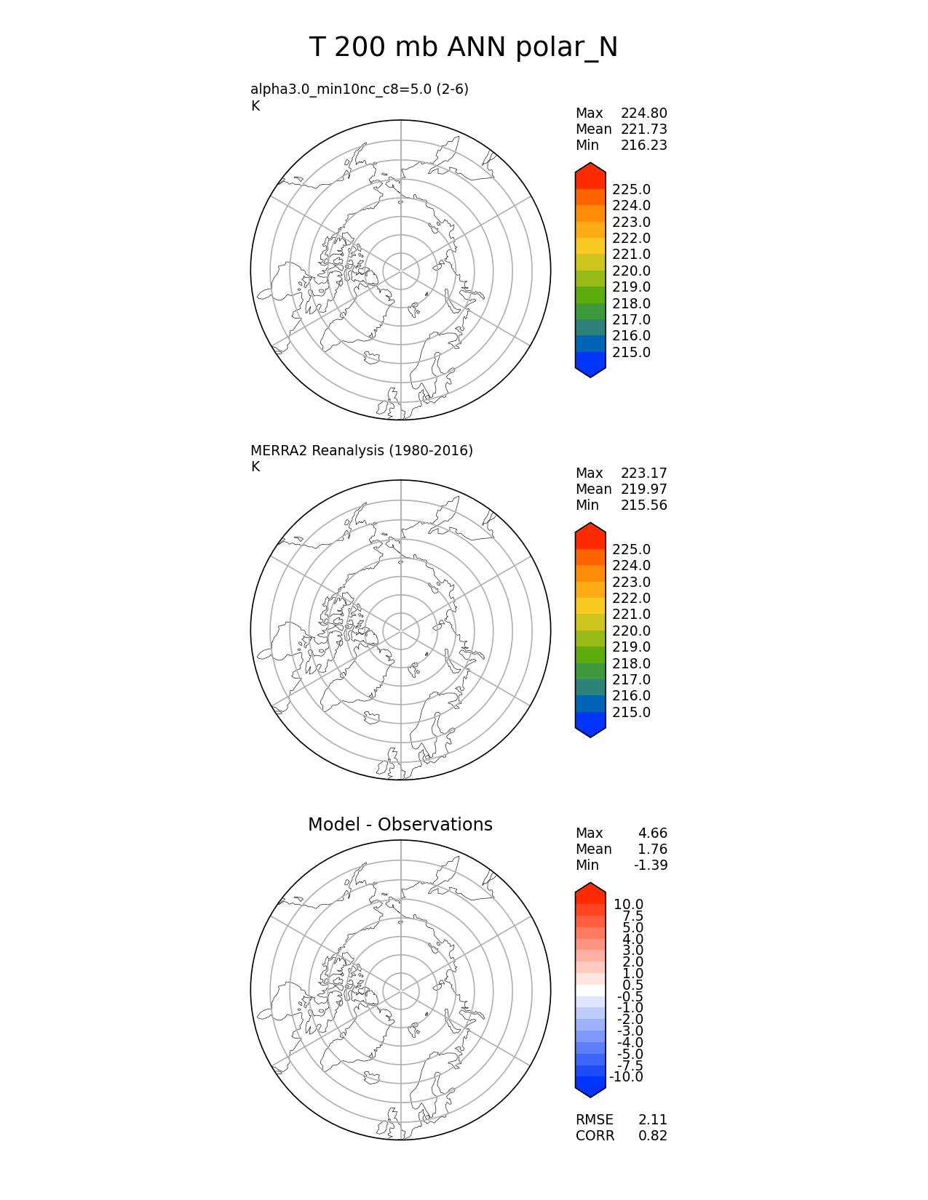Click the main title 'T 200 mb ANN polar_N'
464,48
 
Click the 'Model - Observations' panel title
400,825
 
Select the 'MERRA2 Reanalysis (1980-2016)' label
362,451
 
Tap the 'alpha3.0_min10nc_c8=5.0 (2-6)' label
360,89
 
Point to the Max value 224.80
643,113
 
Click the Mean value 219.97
643,489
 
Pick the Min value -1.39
650,865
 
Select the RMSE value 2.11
652,1120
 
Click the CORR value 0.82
652,1136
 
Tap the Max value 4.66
652,833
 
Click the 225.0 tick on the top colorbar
631,190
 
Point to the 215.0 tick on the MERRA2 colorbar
631,713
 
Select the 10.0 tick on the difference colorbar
628,905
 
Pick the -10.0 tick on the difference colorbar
626,1077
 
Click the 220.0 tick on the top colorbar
631,271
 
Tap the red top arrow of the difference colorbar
590,891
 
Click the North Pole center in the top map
401,271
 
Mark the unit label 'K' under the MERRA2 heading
255,467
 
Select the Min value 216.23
643,145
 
